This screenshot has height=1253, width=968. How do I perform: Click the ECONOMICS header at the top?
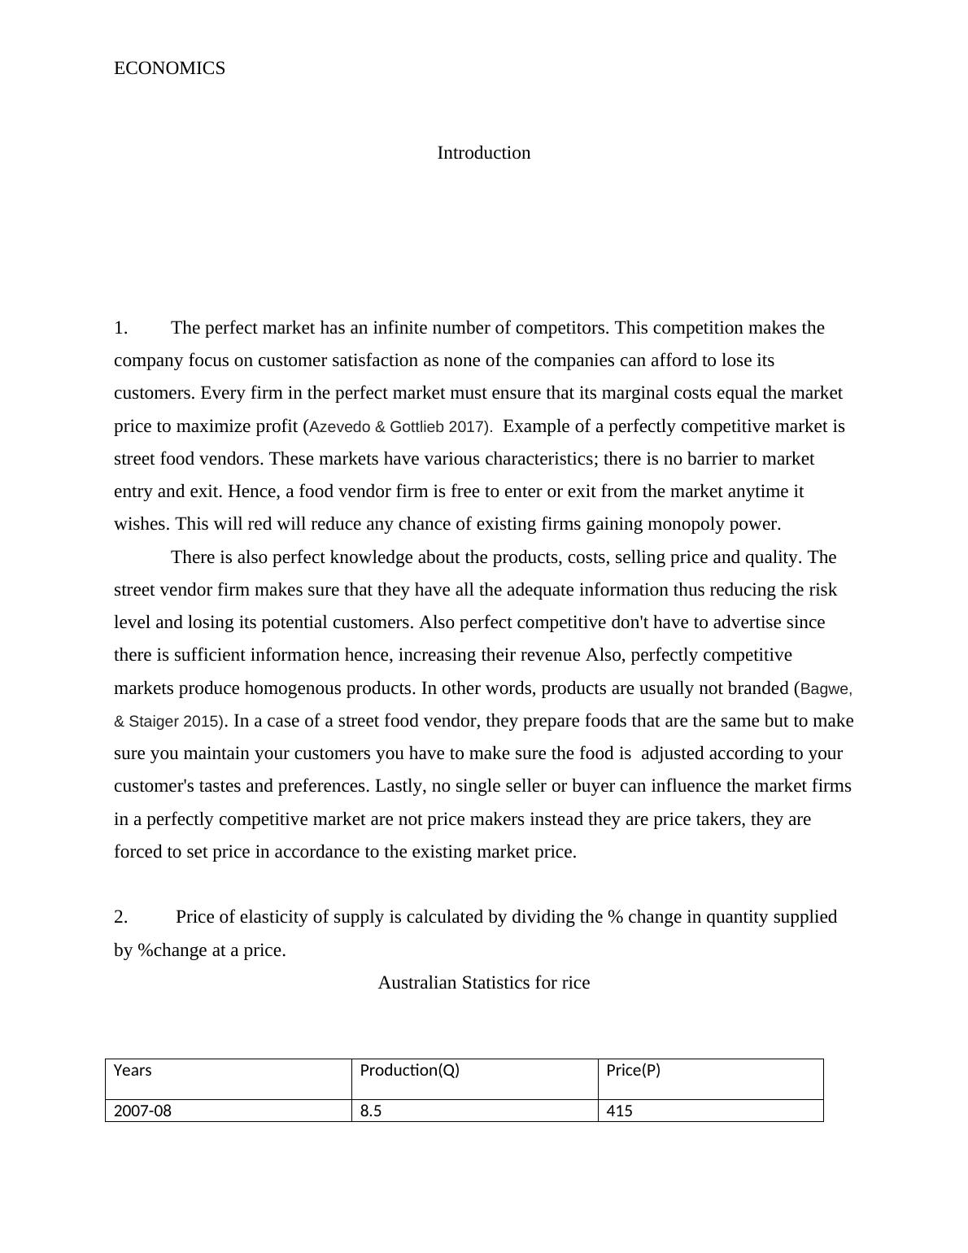click(169, 68)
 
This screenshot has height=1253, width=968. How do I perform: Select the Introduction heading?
click(483, 153)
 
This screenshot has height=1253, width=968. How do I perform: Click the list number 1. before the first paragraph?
click(121, 328)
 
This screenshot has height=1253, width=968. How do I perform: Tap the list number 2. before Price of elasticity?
click(121, 917)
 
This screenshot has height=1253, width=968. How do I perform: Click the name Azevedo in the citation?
click(341, 426)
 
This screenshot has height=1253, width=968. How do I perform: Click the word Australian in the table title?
click(417, 983)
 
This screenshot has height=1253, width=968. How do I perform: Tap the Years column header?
click(133, 1071)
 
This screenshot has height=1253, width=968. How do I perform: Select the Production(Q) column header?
click(409, 1071)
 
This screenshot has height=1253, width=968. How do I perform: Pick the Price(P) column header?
click(633, 1071)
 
